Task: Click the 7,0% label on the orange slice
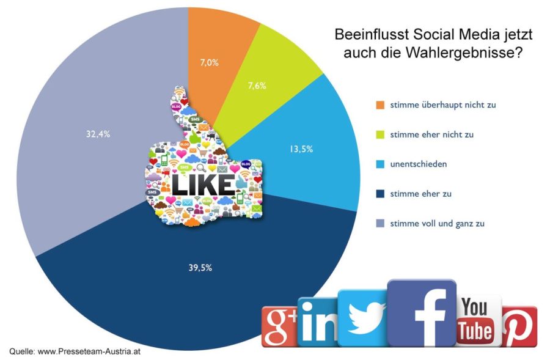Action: (210, 62)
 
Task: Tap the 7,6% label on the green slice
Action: (256, 86)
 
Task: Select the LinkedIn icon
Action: (317, 322)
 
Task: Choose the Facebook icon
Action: (422, 313)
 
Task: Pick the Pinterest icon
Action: (520, 326)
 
